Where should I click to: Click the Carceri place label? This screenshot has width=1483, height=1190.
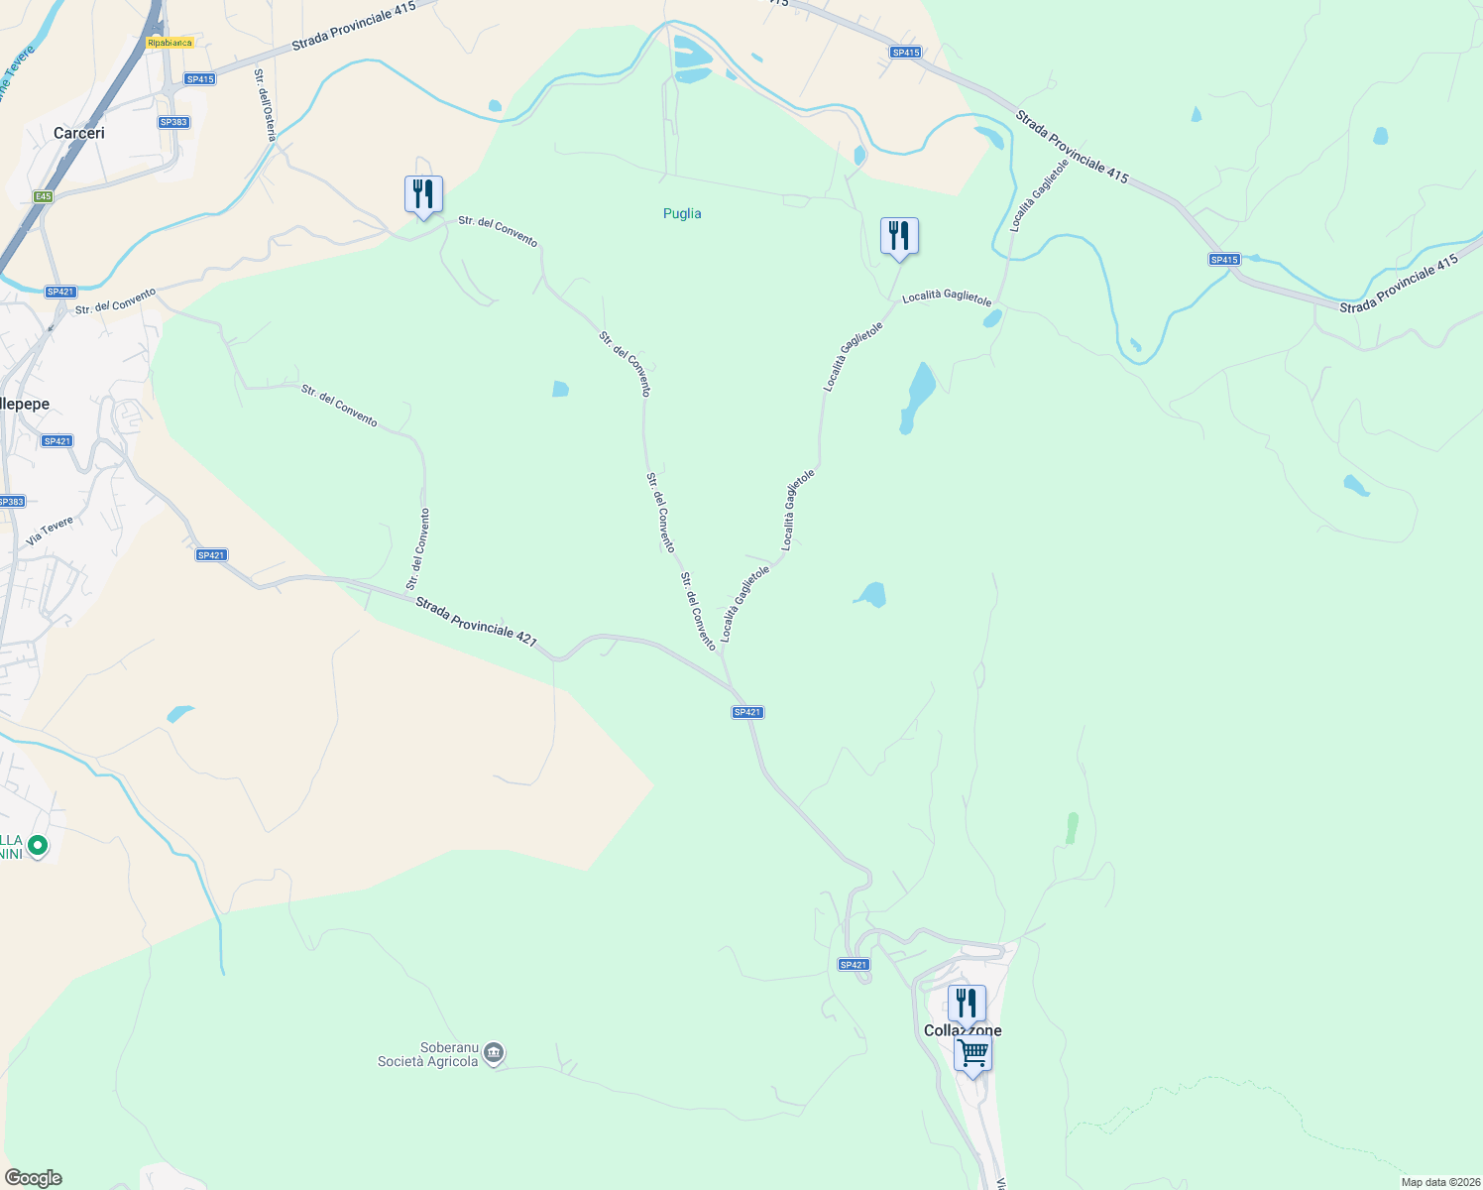point(79,133)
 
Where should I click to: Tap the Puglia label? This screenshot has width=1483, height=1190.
point(682,213)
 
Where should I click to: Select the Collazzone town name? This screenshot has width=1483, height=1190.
point(963,1030)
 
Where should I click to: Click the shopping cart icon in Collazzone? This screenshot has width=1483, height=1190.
point(972,1053)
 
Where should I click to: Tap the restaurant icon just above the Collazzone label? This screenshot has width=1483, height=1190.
point(966,1003)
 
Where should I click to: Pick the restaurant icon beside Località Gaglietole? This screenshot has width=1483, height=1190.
point(899,236)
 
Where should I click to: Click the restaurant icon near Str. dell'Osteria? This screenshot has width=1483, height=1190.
point(423,194)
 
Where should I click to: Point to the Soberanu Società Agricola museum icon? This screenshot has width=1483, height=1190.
point(495,1053)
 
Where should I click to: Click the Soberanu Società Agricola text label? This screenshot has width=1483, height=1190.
point(427,1054)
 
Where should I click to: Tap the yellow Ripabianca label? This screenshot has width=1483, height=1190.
point(170,43)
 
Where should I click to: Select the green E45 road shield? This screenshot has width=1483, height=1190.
point(43,196)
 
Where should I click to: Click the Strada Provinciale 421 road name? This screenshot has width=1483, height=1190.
point(476,622)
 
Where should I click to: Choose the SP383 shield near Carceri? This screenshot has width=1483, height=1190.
point(173,122)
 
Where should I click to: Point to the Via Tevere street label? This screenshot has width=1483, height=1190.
point(50,531)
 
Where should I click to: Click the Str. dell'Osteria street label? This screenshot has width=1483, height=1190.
point(265,104)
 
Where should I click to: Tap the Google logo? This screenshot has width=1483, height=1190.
point(34,1178)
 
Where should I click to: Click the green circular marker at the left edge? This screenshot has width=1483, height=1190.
point(38,846)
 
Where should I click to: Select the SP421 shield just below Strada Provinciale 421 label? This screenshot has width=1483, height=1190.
point(747,712)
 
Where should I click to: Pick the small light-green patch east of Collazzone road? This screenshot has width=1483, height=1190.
point(1072,828)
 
